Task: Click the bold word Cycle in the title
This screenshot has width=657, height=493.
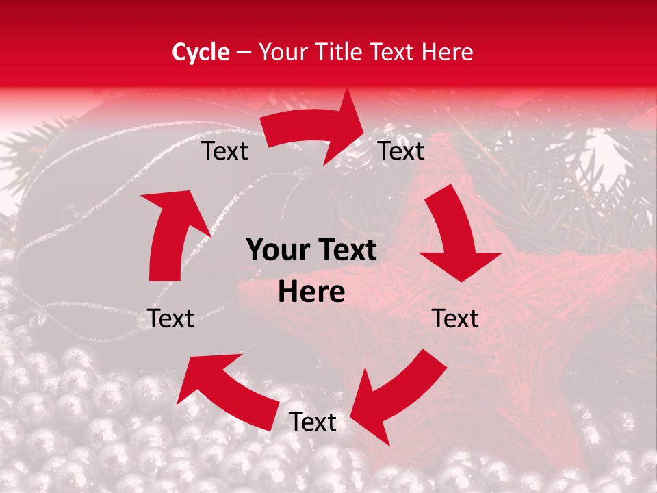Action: point(201,52)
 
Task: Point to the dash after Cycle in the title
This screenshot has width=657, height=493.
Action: point(244,52)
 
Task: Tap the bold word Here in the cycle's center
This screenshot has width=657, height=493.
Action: point(311,292)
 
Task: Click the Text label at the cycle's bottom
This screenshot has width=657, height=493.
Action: point(313,422)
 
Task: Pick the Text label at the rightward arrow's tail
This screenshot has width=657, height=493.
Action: point(224,151)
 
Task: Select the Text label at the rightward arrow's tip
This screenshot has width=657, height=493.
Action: point(401,151)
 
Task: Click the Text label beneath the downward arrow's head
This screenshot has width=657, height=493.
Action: point(455,318)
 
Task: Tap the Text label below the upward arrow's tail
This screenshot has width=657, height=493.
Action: point(170,318)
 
